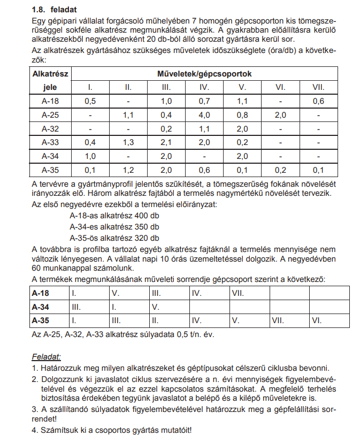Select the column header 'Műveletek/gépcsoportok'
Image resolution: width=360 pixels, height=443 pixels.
coord(204,73)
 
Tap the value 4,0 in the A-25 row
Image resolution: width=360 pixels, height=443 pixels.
coord(204,114)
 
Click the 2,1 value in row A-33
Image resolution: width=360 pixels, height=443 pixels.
coord(166,142)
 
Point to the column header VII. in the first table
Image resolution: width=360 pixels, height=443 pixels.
coord(318,87)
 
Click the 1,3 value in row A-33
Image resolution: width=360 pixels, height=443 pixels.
coord(128,142)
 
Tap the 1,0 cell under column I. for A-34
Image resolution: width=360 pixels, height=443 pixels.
coord(90,156)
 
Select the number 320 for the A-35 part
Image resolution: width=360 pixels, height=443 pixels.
coord(131,238)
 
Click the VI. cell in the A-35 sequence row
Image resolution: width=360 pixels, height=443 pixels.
coord(317,321)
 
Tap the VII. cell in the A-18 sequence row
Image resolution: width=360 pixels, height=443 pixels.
coord(239,293)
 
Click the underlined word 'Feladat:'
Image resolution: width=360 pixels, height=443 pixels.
coord(47,356)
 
